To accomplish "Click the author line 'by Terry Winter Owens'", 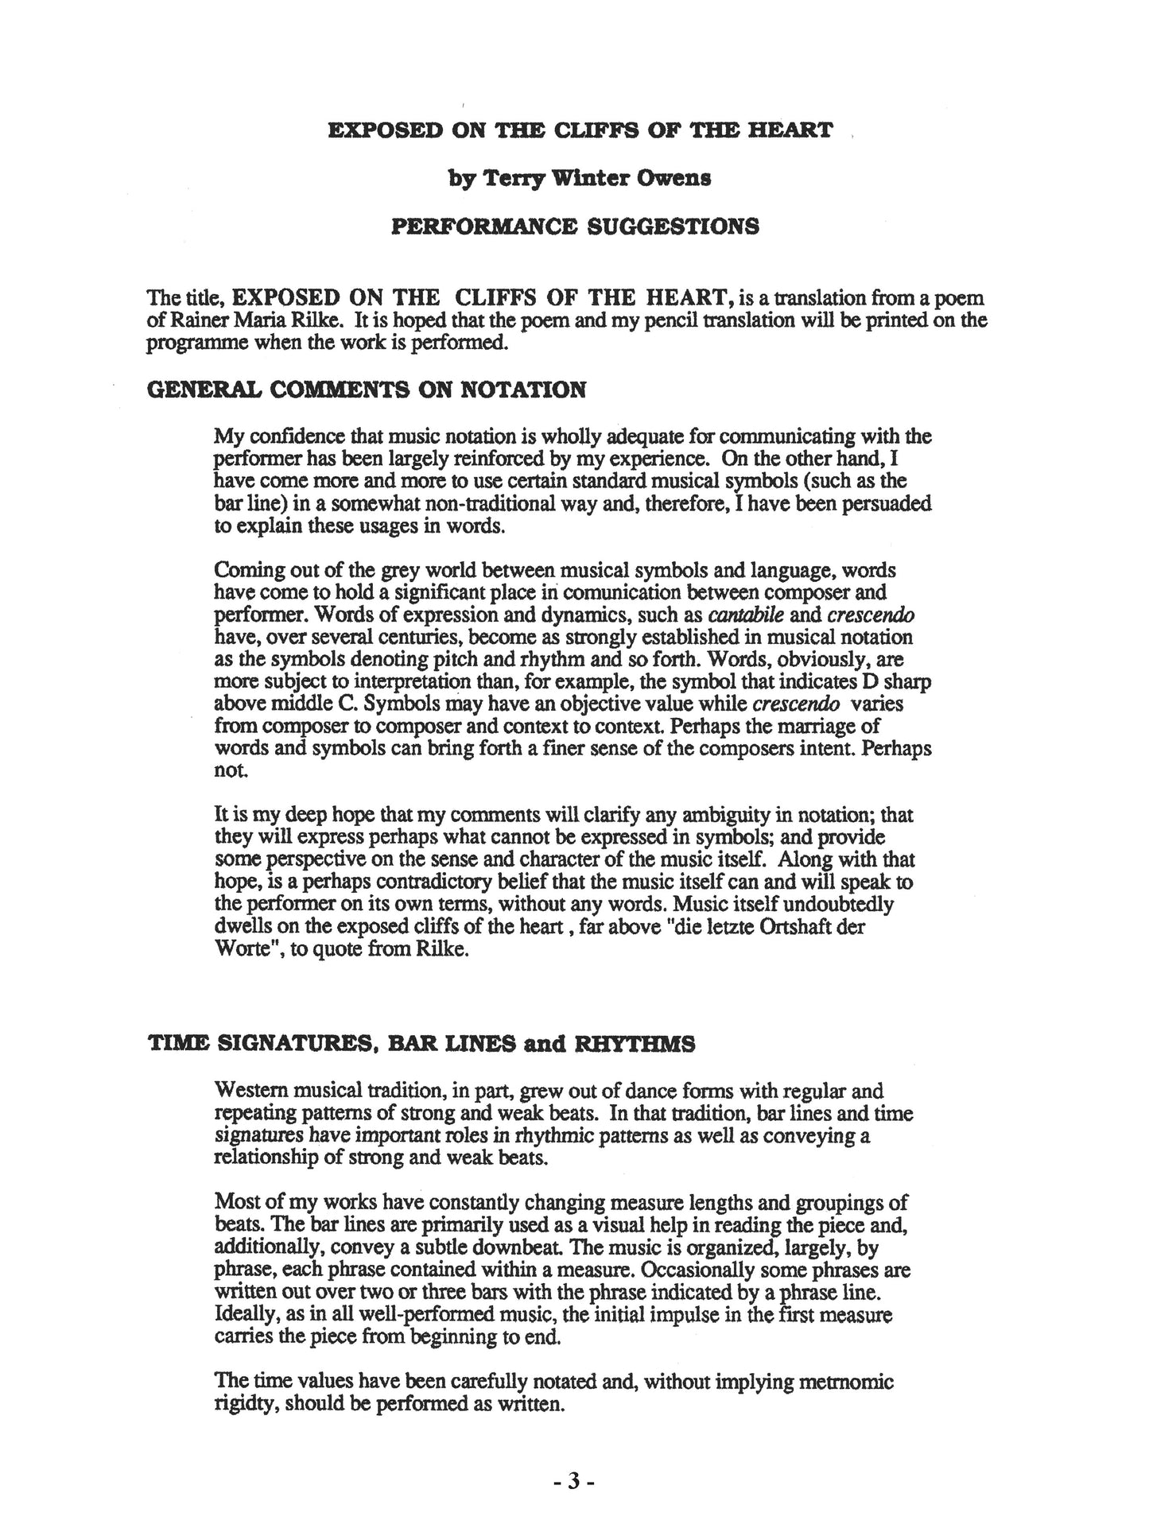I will point(580,178).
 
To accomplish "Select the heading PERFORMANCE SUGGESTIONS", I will point(575,227).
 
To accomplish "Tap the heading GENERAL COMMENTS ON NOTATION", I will point(367,390).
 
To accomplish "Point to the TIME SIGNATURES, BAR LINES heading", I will point(421,1044).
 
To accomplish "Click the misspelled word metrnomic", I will point(850,1382).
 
